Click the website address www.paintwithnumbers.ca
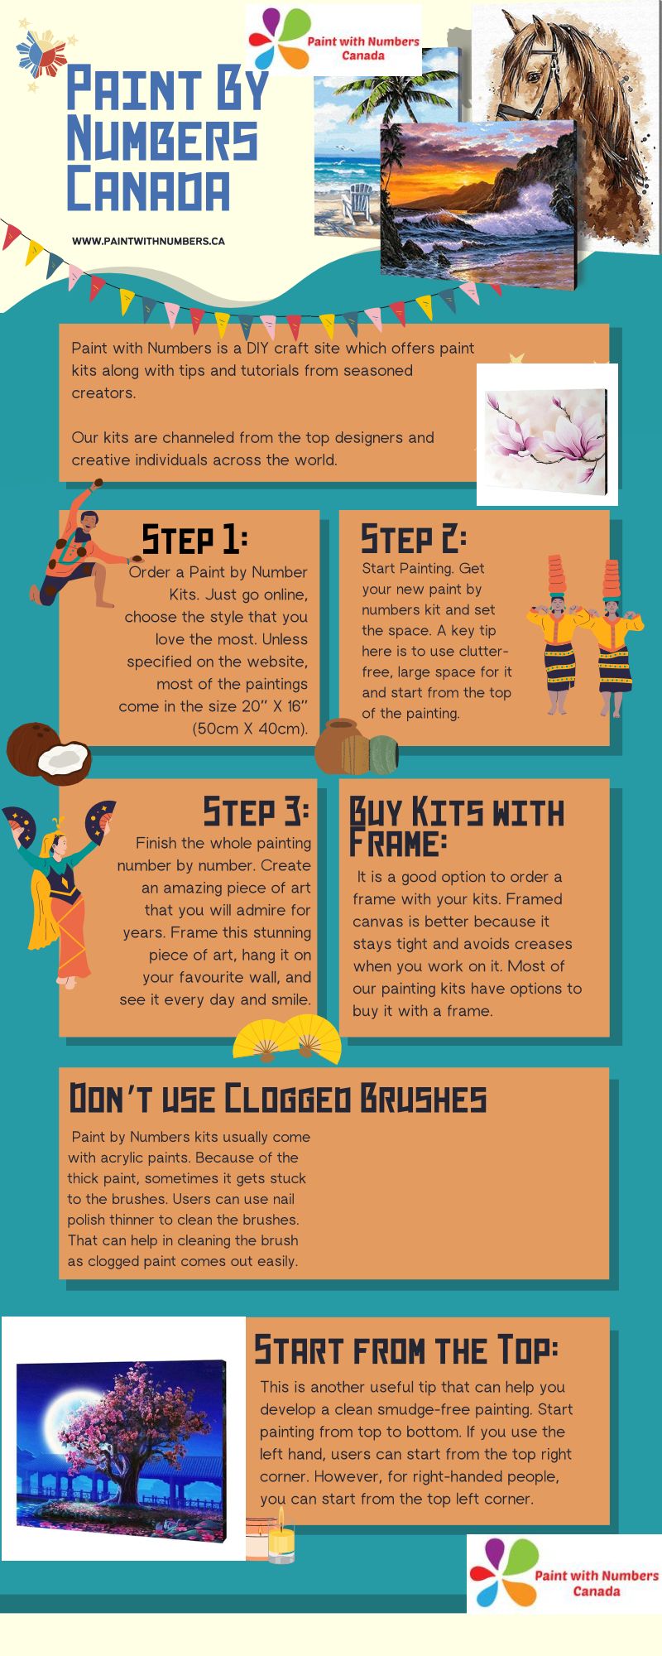point(148,241)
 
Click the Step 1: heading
point(194,539)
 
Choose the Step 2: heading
point(413,539)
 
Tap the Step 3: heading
point(256,811)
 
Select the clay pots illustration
point(357,747)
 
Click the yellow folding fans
point(287,1038)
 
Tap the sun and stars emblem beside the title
point(43,57)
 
